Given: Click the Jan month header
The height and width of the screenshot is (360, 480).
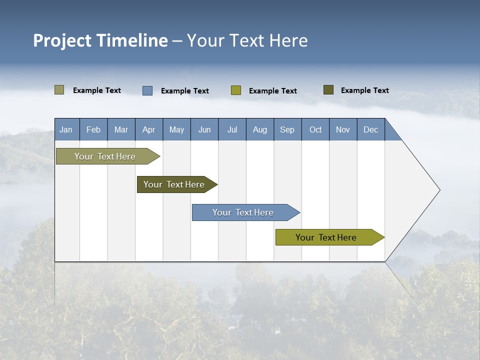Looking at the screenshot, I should coord(66,129).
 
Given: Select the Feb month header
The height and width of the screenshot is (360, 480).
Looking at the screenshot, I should coord(93,129).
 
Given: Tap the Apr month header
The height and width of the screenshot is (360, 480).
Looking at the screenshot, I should coord(149,129).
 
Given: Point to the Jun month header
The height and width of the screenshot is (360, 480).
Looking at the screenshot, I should coord(204,129).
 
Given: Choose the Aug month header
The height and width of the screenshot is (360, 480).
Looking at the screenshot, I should coord(260,129).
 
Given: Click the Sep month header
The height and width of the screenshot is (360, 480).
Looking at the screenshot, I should coord(287,129).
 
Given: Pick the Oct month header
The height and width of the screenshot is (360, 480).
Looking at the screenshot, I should coord(315,129).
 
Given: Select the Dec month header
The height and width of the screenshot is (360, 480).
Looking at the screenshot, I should coord(371,129).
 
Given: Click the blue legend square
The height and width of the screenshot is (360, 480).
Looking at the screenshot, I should coord(147,90).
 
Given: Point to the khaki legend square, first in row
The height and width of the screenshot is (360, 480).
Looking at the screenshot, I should coord(59,90).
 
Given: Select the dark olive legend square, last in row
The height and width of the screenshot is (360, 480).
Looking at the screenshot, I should coord(328,90).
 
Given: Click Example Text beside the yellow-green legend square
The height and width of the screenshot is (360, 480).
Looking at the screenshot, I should coord(273,91).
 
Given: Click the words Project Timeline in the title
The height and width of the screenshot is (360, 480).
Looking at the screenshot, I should coord(100,40).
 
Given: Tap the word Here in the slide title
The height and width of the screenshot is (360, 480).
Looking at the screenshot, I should coord(288,40).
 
